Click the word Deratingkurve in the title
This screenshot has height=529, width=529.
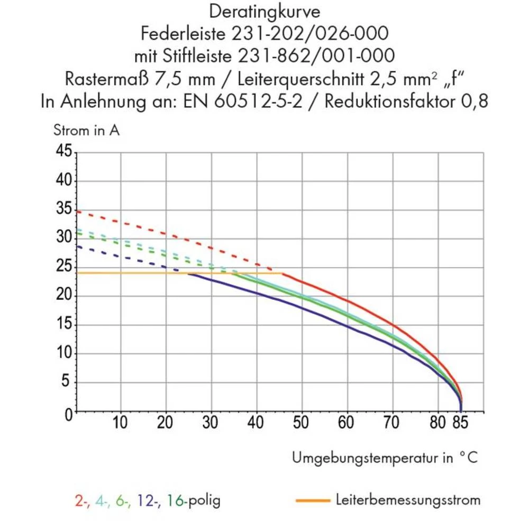(264, 11)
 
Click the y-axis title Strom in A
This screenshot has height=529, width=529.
(87, 131)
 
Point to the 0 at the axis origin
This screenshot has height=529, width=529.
(68, 414)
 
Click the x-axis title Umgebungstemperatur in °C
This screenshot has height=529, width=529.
(386, 458)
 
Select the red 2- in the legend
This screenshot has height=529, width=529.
(81, 500)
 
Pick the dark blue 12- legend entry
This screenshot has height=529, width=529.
(149, 500)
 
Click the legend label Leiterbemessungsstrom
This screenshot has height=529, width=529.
(408, 499)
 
